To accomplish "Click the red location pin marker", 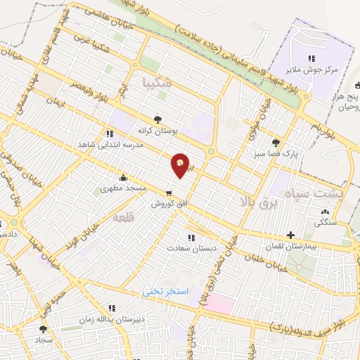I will click(181, 165).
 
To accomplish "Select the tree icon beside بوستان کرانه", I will click(157, 120).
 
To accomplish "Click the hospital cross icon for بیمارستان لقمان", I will click(290, 235).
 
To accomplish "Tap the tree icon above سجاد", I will click(44, 328).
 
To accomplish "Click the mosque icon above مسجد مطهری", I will click(124, 177).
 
